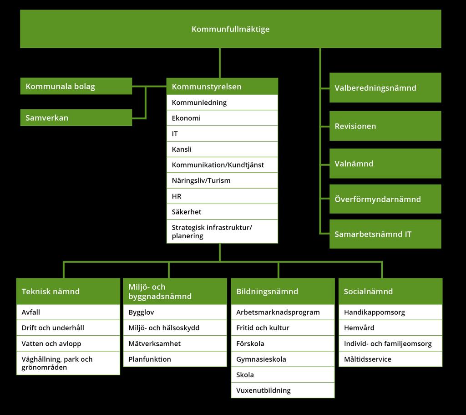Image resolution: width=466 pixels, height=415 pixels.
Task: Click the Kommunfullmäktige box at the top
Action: (231, 29)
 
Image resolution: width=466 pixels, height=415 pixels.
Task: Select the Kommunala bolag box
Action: (76, 86)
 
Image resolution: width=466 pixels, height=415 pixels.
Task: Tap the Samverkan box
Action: (76, 118)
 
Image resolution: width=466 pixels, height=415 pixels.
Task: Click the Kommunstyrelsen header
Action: (222, 86)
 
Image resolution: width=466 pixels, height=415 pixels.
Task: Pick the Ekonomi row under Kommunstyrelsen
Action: (222, 118)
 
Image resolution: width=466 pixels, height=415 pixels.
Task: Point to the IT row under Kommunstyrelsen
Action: (222, 133)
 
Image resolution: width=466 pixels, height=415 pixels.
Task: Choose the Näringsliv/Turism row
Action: (222, 180)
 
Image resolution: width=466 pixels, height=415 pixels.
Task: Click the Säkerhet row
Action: (222, 212)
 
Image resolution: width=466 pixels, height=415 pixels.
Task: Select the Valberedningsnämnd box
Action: (385, 88)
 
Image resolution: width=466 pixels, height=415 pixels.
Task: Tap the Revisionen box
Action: (385, 126)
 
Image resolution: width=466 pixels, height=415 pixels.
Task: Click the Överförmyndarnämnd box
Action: (385, 199)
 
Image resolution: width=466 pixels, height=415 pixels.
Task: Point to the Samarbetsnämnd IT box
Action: (385, 234)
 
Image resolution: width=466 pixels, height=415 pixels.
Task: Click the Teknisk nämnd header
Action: (68, 291)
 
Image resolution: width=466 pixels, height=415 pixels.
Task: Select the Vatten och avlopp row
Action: (68, 343)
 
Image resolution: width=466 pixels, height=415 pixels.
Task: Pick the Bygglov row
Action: (175, 313)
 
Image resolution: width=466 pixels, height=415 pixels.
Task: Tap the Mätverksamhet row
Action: (175, 343)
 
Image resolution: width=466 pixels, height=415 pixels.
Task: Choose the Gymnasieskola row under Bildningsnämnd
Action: (283, 359)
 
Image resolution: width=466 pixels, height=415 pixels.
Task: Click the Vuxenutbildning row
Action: (283, 390)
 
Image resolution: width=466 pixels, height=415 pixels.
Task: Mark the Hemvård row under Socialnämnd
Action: (390, 328)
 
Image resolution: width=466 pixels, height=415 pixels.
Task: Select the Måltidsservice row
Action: (390, 359)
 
